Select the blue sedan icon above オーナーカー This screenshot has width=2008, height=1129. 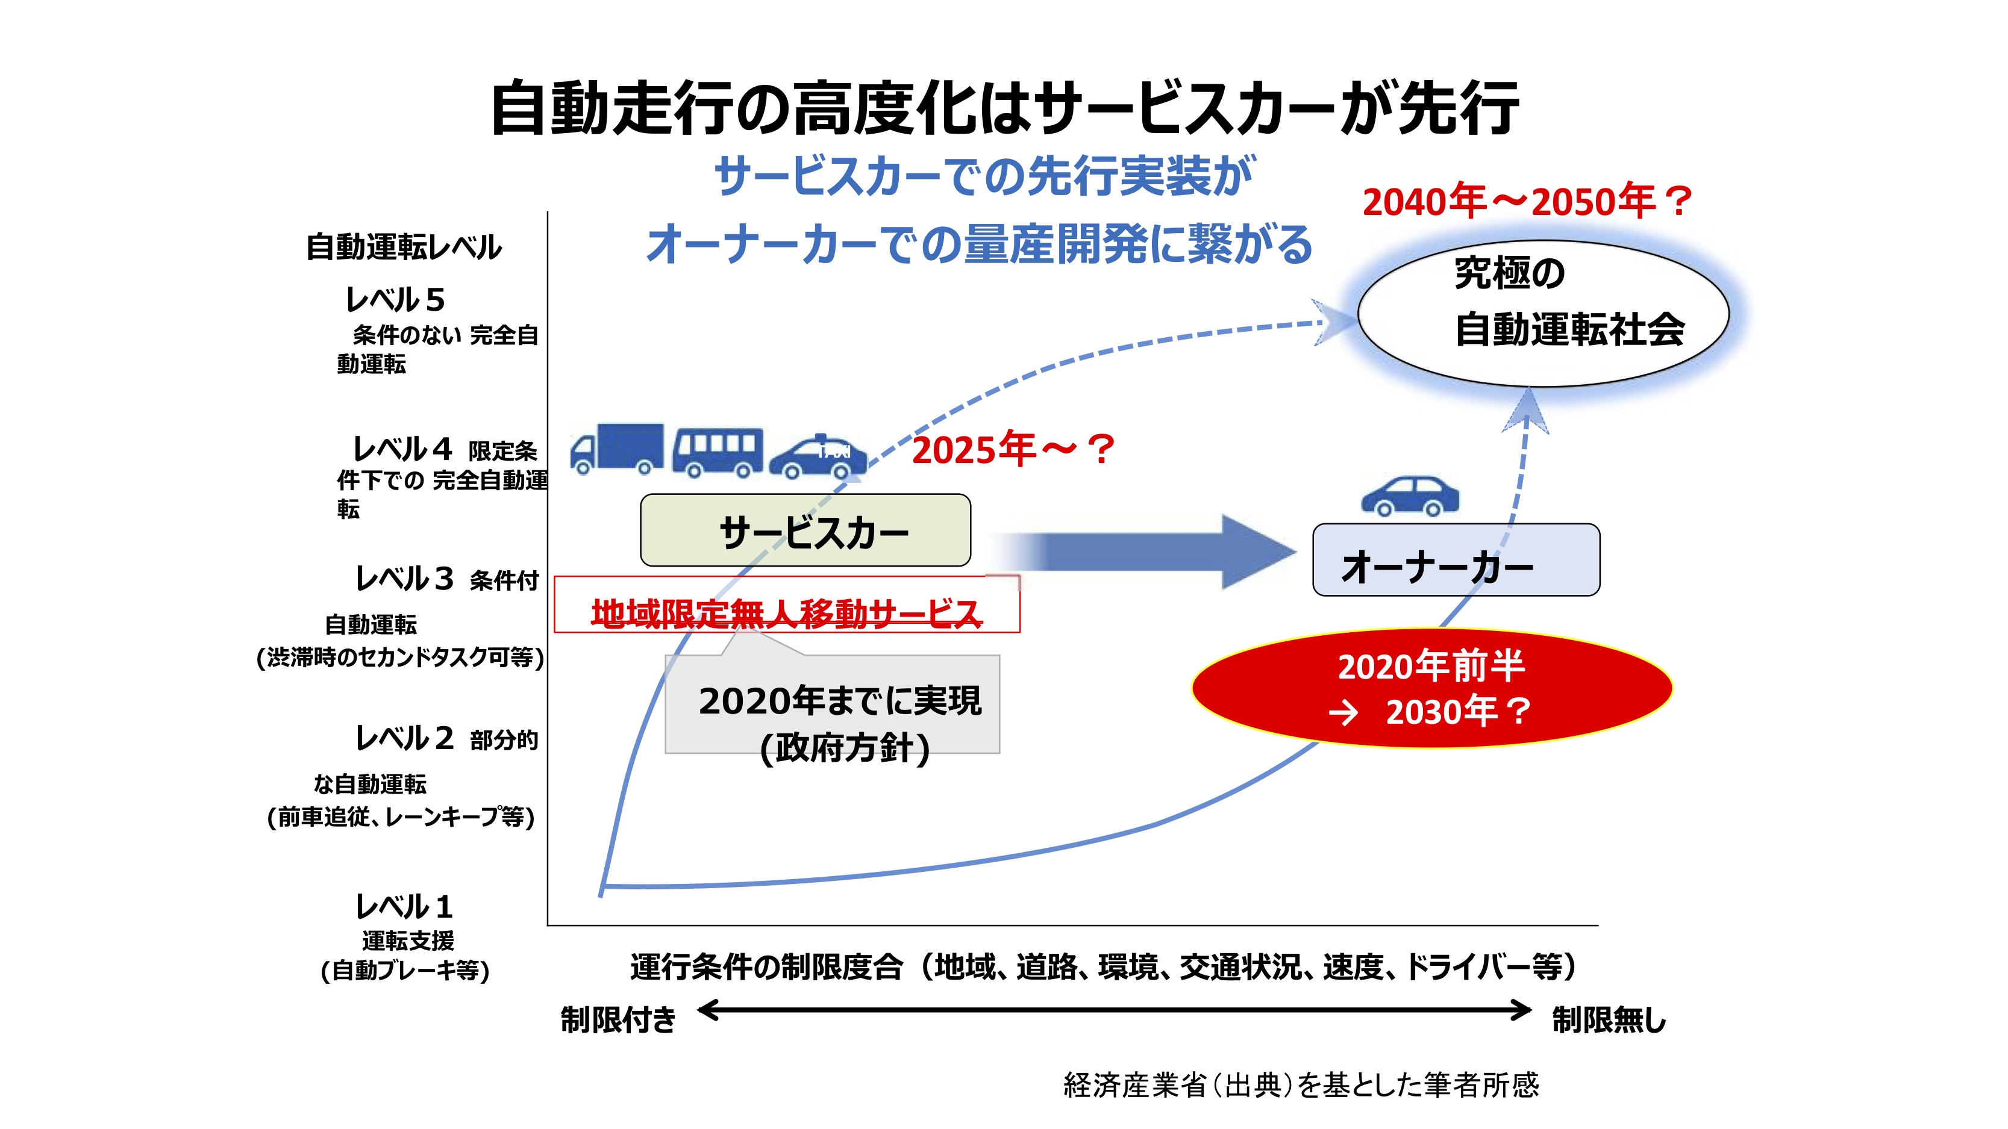click(1409, 496)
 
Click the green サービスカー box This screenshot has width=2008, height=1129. click(805, 530)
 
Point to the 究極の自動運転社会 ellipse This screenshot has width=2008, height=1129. click(1543, 313)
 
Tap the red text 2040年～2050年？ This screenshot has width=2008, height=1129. click(1525, 202)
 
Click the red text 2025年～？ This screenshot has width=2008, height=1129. click(1013, 450)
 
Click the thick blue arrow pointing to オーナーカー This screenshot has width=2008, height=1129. click(1146, 552)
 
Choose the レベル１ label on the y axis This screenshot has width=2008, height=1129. click(404, 907)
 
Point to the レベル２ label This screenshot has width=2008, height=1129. click(404, 738)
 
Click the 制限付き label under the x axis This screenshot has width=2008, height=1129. click(618, 1019)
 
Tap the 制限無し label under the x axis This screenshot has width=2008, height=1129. click(1608, 1019)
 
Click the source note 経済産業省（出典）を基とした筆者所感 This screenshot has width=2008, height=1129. click(1300, 1084)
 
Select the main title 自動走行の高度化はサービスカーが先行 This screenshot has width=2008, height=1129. click(1004, 109)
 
